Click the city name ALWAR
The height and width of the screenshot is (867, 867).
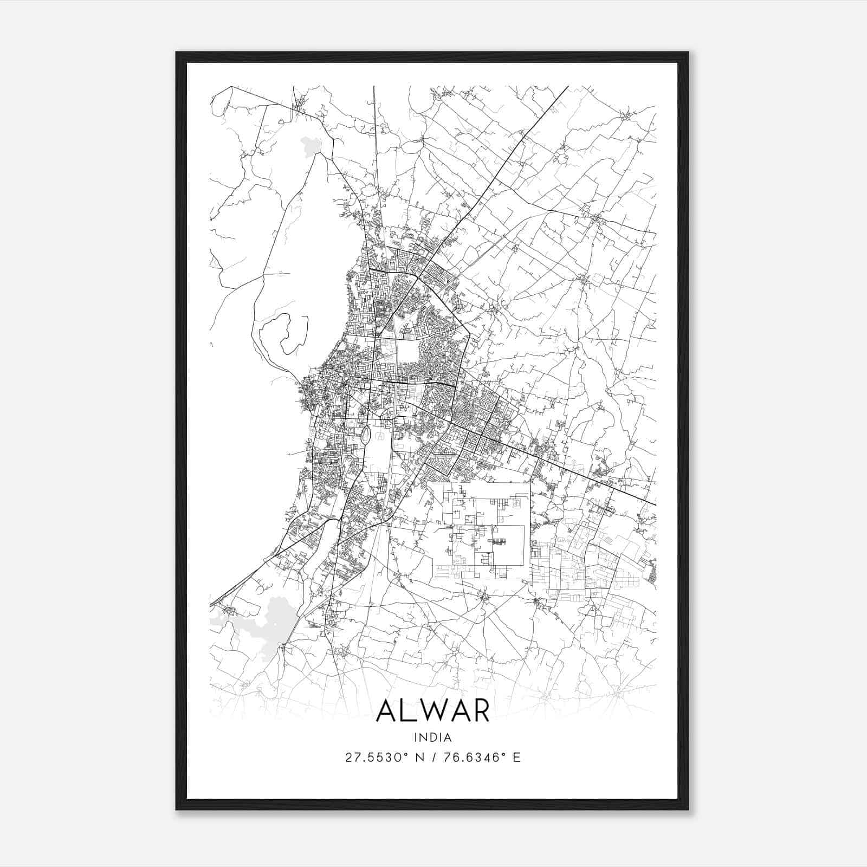[x=432, y=711]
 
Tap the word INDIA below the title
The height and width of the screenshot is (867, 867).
[x=432, y=737]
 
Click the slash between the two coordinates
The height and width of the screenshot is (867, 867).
[x=432, y=758]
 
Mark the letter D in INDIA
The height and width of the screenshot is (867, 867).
[x=433, y=737]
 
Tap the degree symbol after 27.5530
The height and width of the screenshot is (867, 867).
[x=406, y=754]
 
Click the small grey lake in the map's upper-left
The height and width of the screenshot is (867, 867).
[x=311, y=145]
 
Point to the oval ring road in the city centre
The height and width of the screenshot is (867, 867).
[x=366, y=434]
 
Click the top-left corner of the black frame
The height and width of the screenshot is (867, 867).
[x=177, y=53]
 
